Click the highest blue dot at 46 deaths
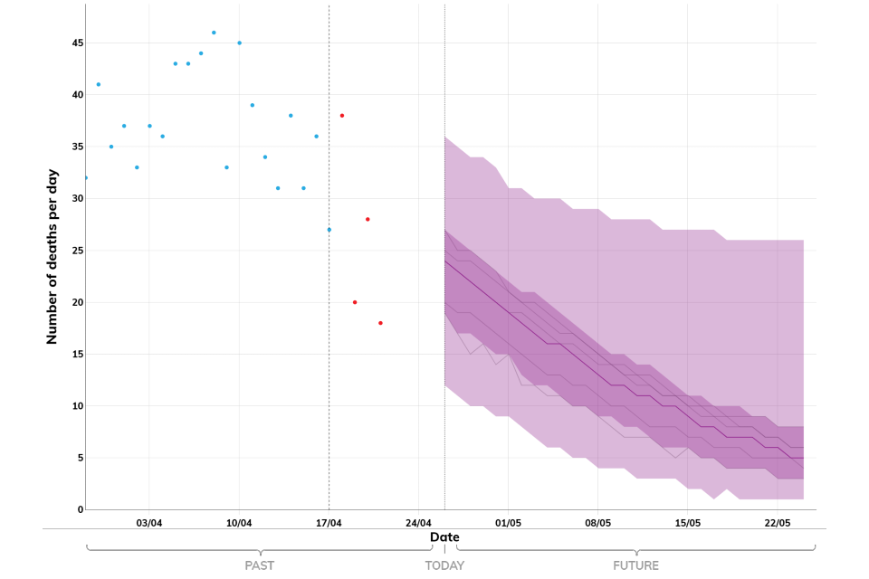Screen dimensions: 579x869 pyautogui.click(x=214, y=33)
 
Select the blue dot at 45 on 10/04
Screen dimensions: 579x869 pyautogui.click(x=239, y=43)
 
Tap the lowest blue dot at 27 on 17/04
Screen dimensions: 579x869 pyautogui.click(x=329, y=230)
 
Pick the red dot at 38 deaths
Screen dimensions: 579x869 pyautogui.click(x=342, y=116)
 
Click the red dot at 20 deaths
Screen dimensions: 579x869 pyautogui.click(x=355, y=302)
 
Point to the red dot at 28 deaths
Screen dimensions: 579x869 pyautogui.click(x=368, y=219)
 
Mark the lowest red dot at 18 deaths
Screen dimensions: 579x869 pyautogui.click(x=380, y=323)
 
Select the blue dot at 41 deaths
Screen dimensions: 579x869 pyautogui.click(x=99, y=84)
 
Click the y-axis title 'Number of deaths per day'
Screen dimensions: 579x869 pyautogui.click(x=53, y=256)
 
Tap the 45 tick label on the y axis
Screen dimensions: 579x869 pyautogui.click(x=77, y=43)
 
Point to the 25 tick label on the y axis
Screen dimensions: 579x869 pyautogui.click(x=77, y=251)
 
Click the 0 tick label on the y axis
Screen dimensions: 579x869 pyautogui.click(x=80, y=510)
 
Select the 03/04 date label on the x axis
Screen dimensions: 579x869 pyautogui.click(x=149, y=523)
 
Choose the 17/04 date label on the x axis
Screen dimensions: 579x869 pyautogui.click(x=329, y=523)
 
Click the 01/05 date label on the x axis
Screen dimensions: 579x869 pyautogui.click(x=508, y=523)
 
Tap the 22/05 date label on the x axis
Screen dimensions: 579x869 pyautogui.click(x=778, y=523)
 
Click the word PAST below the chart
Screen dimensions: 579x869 pyautogui.click(x=260, y=566)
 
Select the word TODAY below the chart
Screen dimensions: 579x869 pyautogui.click(x=444, y=566)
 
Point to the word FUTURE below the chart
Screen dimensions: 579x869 pyautogui.click(x=635, y=566)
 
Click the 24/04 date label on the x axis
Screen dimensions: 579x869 pyautogui.click(x=418, y=523)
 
